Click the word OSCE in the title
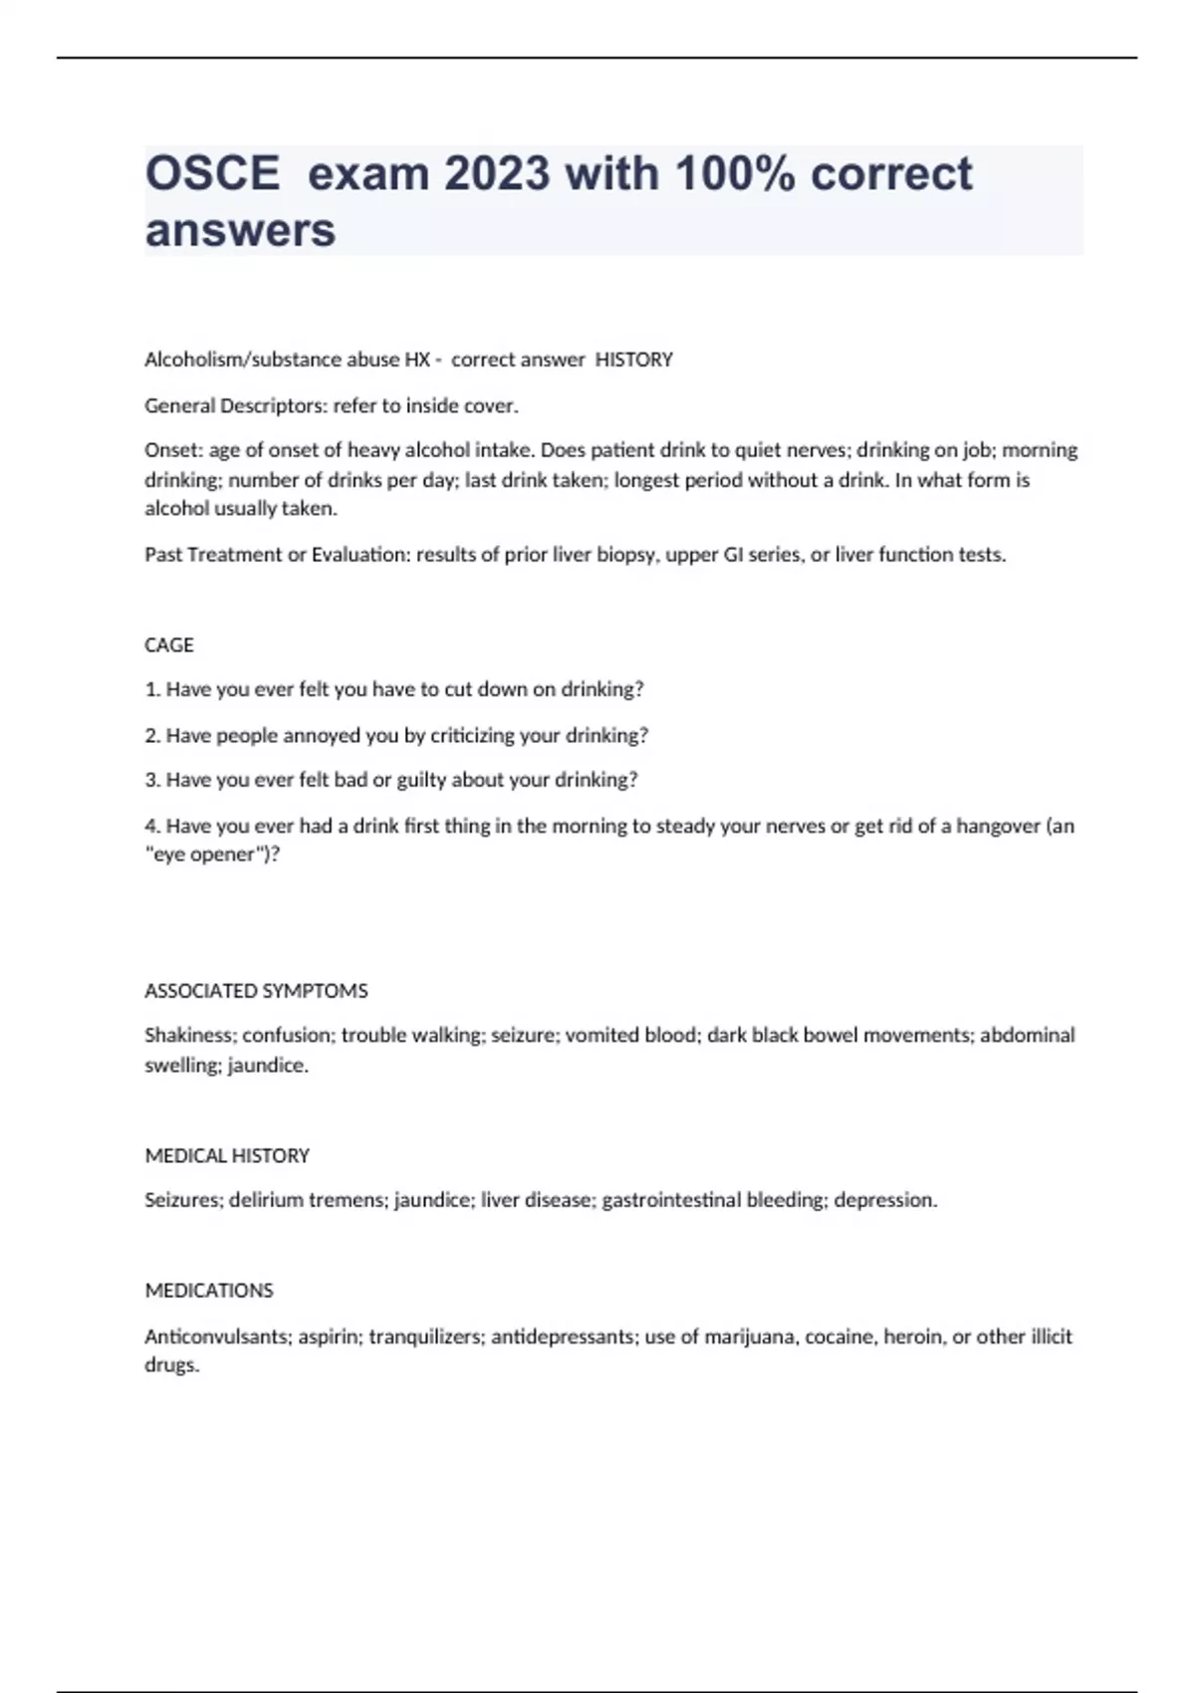212,174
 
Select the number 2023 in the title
497,174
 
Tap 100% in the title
735,174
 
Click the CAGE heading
169,645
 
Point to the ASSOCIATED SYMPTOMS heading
256,991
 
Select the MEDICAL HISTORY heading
227,1155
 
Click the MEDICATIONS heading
209,1291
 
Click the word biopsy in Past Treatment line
625,555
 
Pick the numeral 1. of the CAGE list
152,689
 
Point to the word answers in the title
240,230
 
